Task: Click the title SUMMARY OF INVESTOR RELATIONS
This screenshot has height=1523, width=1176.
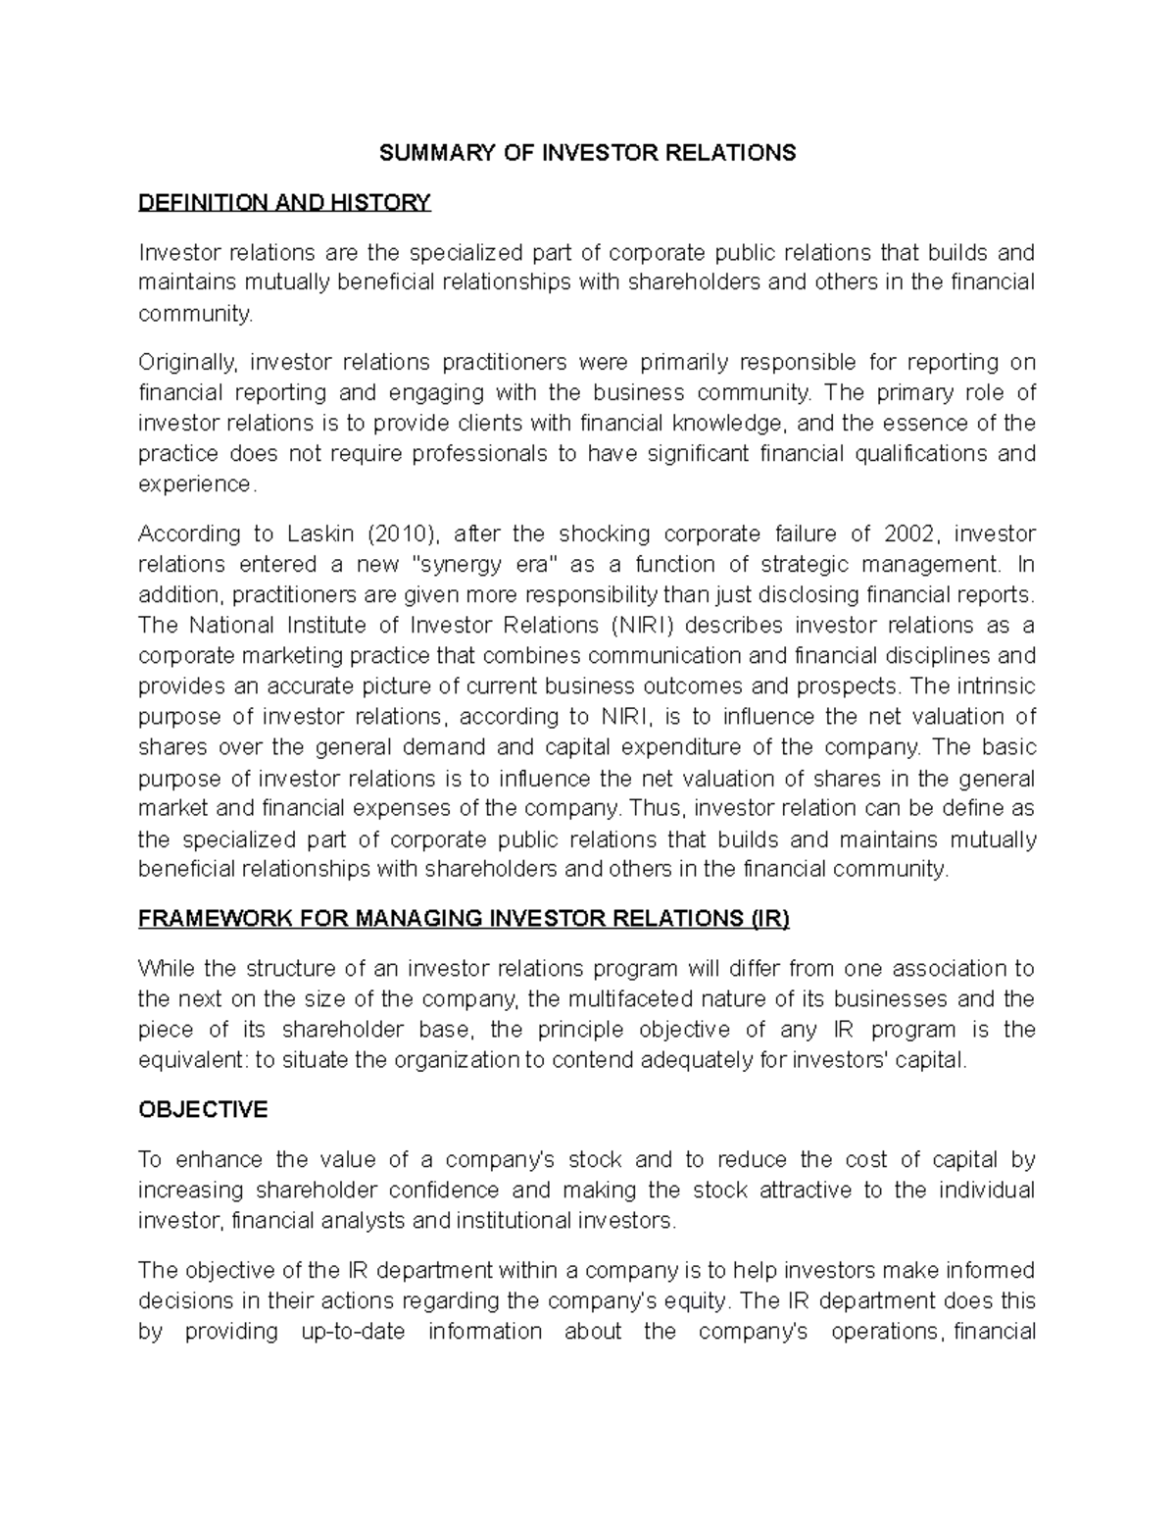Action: (x=587, y=153)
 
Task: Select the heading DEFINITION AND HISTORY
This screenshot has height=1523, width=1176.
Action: (x=284, y=203)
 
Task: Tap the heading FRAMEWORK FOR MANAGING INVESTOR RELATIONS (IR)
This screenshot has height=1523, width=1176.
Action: (x=464, y=919)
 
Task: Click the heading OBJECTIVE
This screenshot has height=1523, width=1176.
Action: (x=203, y=1109)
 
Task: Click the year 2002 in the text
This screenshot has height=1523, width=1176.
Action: (x=910, y=533)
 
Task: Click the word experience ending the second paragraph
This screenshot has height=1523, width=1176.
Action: (x=195, y=484)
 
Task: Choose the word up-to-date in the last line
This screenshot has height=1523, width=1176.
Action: (x=349, y=1331)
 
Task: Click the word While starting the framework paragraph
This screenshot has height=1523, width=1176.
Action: (x=166, y=969)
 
